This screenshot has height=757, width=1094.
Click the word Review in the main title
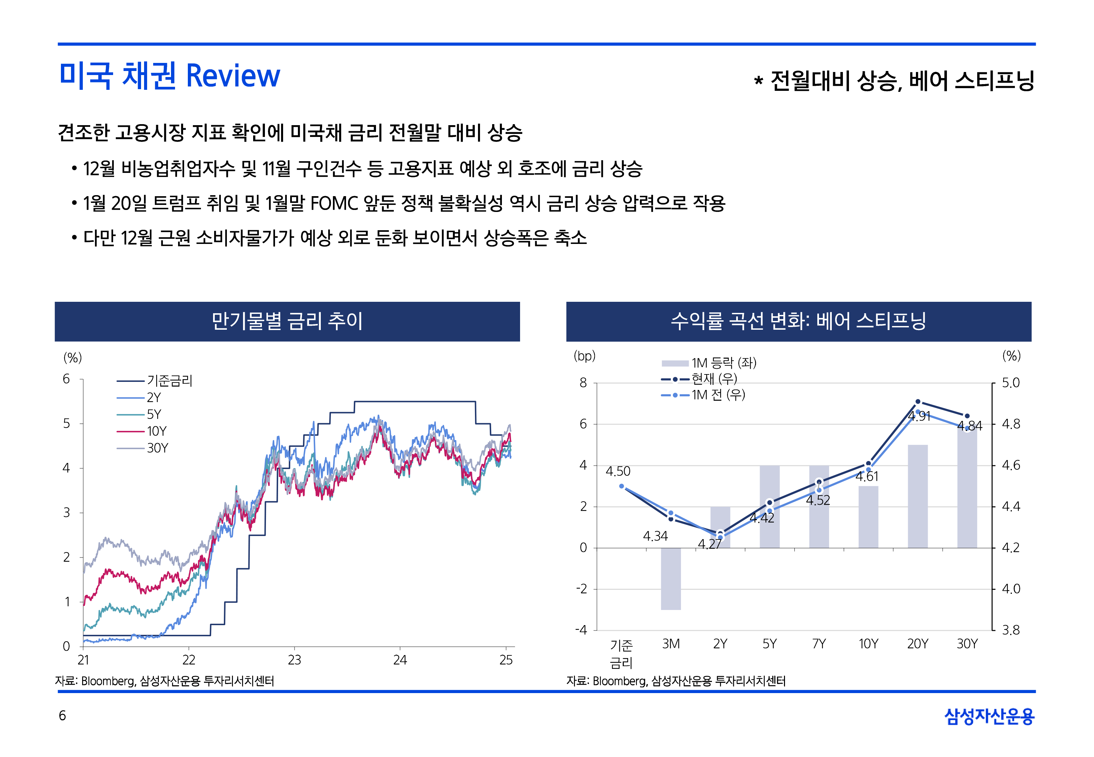[233, 76]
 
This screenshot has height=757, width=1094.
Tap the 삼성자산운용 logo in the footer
[989, 716]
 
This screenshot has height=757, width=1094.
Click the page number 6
[62, 716]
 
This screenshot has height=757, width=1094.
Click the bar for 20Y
[918, 496]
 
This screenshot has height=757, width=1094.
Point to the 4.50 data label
[618, 471]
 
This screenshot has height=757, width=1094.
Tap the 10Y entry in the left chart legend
[156, 431]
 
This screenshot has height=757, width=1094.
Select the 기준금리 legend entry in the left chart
[169, 381]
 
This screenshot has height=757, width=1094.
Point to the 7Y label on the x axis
[819, 644]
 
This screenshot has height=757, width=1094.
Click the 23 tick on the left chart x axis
[294, 660]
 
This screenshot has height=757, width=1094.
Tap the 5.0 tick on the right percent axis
[1011, 383]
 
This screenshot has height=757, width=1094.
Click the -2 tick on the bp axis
[582, 589]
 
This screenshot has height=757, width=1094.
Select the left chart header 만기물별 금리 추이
[287, 321]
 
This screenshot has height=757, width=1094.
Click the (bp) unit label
[584, 356]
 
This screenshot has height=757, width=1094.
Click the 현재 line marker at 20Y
[918, 402]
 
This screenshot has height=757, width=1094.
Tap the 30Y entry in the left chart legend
[157, 448]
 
